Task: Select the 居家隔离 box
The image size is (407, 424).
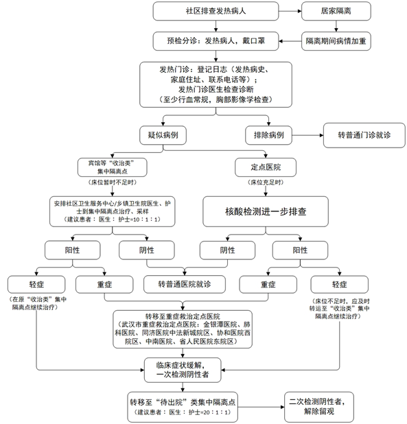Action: tap(336, 12)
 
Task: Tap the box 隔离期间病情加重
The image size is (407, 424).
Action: tap(336, 41)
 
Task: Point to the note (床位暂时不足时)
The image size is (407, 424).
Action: tap(115, 185)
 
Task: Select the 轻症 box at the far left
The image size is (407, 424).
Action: tap(36, 283)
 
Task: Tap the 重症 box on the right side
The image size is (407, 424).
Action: tap(267, 283)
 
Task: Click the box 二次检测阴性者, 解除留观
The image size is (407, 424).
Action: tap(322, 408)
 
